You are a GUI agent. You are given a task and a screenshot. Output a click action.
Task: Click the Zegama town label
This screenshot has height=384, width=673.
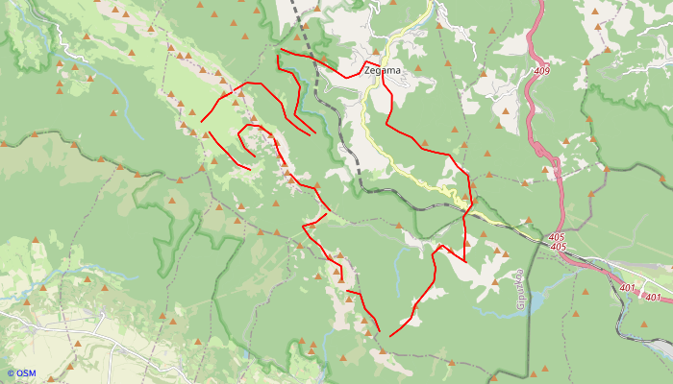(x=382, y=70)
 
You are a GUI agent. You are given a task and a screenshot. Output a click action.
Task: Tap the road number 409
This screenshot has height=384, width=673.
(x=541, y=71)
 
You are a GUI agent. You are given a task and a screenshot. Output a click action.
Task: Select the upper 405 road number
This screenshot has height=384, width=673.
(x=557, y=236)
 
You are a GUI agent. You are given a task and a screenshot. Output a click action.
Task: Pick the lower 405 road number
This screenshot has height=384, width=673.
(x=559, y=247)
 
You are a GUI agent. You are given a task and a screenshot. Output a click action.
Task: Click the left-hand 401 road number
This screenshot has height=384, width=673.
(x=628, y=287)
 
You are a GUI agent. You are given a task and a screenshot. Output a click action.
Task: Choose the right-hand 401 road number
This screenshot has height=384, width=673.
(x=653, y=297)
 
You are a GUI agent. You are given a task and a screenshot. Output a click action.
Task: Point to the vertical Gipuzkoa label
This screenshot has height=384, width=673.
(x=519, y=288)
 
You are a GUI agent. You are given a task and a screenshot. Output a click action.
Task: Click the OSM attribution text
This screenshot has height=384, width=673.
(x=26, y=373)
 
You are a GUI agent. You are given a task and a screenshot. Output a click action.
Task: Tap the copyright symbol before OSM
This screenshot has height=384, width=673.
(x=11, y=373)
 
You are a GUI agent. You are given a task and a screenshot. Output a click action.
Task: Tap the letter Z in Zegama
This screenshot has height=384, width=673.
(x=368, y=70)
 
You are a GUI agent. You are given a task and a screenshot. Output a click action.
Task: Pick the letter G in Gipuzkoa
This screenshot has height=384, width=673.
(x=519, y=305)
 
